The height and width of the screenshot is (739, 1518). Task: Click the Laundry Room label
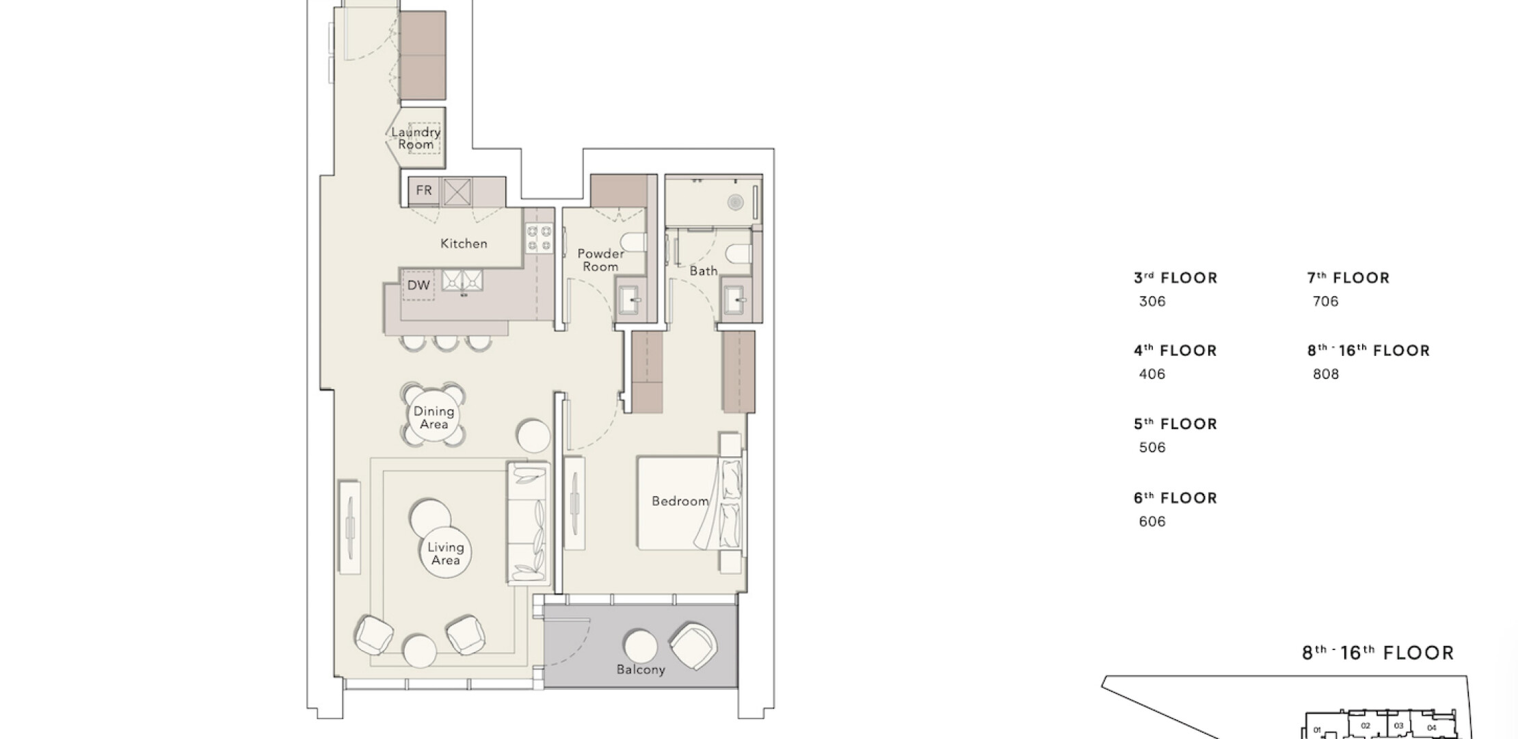pos(416,138)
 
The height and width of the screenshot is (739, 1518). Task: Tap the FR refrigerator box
pos(424,190)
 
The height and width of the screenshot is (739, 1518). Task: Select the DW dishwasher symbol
pos(418,285)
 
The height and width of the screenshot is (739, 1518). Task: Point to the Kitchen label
pos(464,244)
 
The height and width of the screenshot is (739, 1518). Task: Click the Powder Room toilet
pos(633,242)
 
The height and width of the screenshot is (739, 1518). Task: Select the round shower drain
pos(735,202)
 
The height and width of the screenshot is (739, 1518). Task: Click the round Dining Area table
pos(434,416)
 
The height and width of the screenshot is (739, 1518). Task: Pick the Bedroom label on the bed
pos(680,502)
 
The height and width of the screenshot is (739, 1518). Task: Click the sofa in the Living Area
pos(528,523)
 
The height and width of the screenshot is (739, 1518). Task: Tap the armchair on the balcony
pos(693,646)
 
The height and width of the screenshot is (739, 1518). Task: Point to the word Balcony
pos(641,670)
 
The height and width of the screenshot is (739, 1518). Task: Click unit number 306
pos(1152,302)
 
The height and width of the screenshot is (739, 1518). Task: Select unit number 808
pos(1326,374)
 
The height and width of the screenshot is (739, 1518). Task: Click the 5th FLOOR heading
pos(1175,424)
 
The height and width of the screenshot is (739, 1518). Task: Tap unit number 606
pos(1152,521)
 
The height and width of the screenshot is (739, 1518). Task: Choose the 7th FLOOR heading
pos(1348,278)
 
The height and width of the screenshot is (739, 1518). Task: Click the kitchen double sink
pos(462,281)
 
